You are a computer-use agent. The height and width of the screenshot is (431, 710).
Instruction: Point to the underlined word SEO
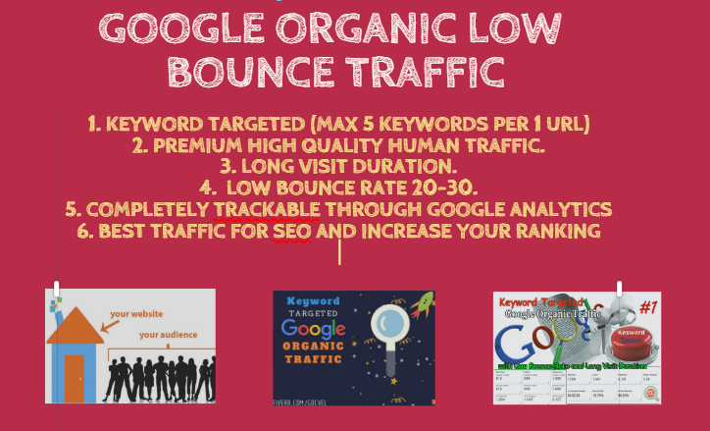[x=293, y=231]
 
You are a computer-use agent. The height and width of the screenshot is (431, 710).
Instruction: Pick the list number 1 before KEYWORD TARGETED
[x=93, y=124]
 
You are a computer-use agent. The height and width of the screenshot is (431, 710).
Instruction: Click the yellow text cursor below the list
[x=340, y=252]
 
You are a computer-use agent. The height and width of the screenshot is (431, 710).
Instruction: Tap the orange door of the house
[x=74, y=377]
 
